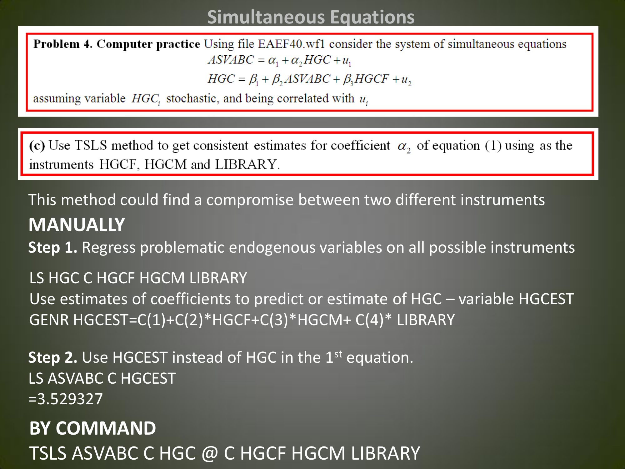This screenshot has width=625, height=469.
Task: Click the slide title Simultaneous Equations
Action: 311,17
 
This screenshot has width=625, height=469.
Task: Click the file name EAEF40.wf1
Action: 291,44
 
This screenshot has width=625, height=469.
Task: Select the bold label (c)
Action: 37,146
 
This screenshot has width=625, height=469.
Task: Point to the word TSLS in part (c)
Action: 91,145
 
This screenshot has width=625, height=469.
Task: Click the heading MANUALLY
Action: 77,224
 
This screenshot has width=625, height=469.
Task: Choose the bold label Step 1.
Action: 53,248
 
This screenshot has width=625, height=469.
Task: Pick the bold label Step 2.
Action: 53,357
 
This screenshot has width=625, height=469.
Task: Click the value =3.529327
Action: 66,399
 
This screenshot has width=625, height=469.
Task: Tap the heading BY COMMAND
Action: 92,428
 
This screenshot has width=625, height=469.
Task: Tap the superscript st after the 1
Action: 338,354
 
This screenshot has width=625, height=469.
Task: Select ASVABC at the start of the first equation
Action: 231,60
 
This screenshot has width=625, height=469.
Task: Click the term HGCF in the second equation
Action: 372,79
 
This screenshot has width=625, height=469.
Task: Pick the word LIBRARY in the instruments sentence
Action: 246,164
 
